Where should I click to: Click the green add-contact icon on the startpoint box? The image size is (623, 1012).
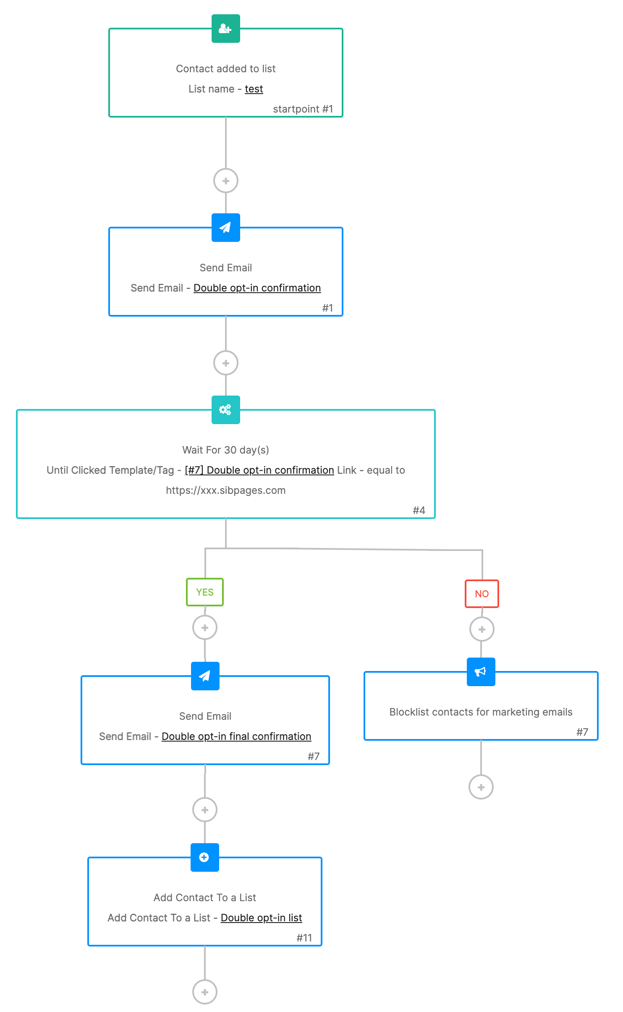(x=225, y=29)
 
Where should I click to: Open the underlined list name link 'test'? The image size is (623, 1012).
(x=254, y=89)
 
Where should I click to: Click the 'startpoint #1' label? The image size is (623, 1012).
(x=303, y=109)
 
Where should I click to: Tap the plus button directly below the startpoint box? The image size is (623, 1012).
(x=226, y=181)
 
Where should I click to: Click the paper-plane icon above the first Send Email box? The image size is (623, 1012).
(x=225, y=228)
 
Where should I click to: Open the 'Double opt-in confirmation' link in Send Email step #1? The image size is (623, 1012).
(x=257, y=288)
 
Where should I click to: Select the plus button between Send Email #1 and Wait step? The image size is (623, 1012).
(x=226, y=363)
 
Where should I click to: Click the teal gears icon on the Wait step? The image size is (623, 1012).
(x=225, y=410)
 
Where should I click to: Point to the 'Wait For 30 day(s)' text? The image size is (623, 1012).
(x=225, y=450)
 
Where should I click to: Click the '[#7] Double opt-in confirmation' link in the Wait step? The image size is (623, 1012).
(x=259, y=470)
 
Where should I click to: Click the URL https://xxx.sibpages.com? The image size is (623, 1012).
(x=225, y=490)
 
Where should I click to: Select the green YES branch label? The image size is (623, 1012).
(x=205, y=592)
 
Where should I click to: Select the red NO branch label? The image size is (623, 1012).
(x=482, y=594)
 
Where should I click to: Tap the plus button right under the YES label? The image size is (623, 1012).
(x=205, y=628)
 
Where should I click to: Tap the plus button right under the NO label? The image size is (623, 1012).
(x=482, y=629)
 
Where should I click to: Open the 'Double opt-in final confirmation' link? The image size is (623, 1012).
(x=236, y=737)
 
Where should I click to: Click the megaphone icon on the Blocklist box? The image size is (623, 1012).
(x=481, y=672)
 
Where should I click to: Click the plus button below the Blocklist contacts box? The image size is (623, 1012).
(x=481, y=787)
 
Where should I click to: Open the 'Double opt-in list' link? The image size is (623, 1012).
(x=261, y=918)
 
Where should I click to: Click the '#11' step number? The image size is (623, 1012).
(x=304, y=938)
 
